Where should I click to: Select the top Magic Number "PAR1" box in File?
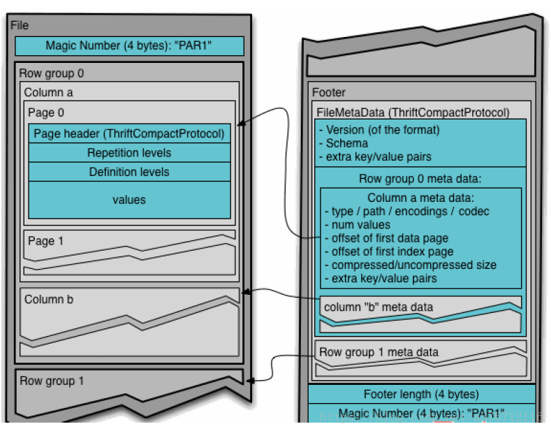pos(129,45)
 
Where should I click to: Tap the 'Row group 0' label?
pos(51,73)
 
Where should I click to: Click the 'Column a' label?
pos(48,92)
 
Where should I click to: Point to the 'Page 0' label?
pos(45,112)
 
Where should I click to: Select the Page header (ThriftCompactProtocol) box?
pos(129,133)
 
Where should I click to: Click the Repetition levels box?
pos(129,153)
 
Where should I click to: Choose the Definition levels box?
pos(129,172)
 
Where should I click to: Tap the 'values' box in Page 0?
pos(129,199)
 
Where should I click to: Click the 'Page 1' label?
pos(45,241)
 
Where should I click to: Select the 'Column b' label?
pos(48,299)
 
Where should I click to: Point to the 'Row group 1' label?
pos(51,381)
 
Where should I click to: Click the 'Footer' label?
pos(328,92)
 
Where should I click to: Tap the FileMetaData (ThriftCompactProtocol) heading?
pos(413,112)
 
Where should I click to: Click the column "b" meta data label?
pos(378,307)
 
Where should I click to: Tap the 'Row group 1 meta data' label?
pos(379,352)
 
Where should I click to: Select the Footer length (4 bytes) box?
pos(421,394)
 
